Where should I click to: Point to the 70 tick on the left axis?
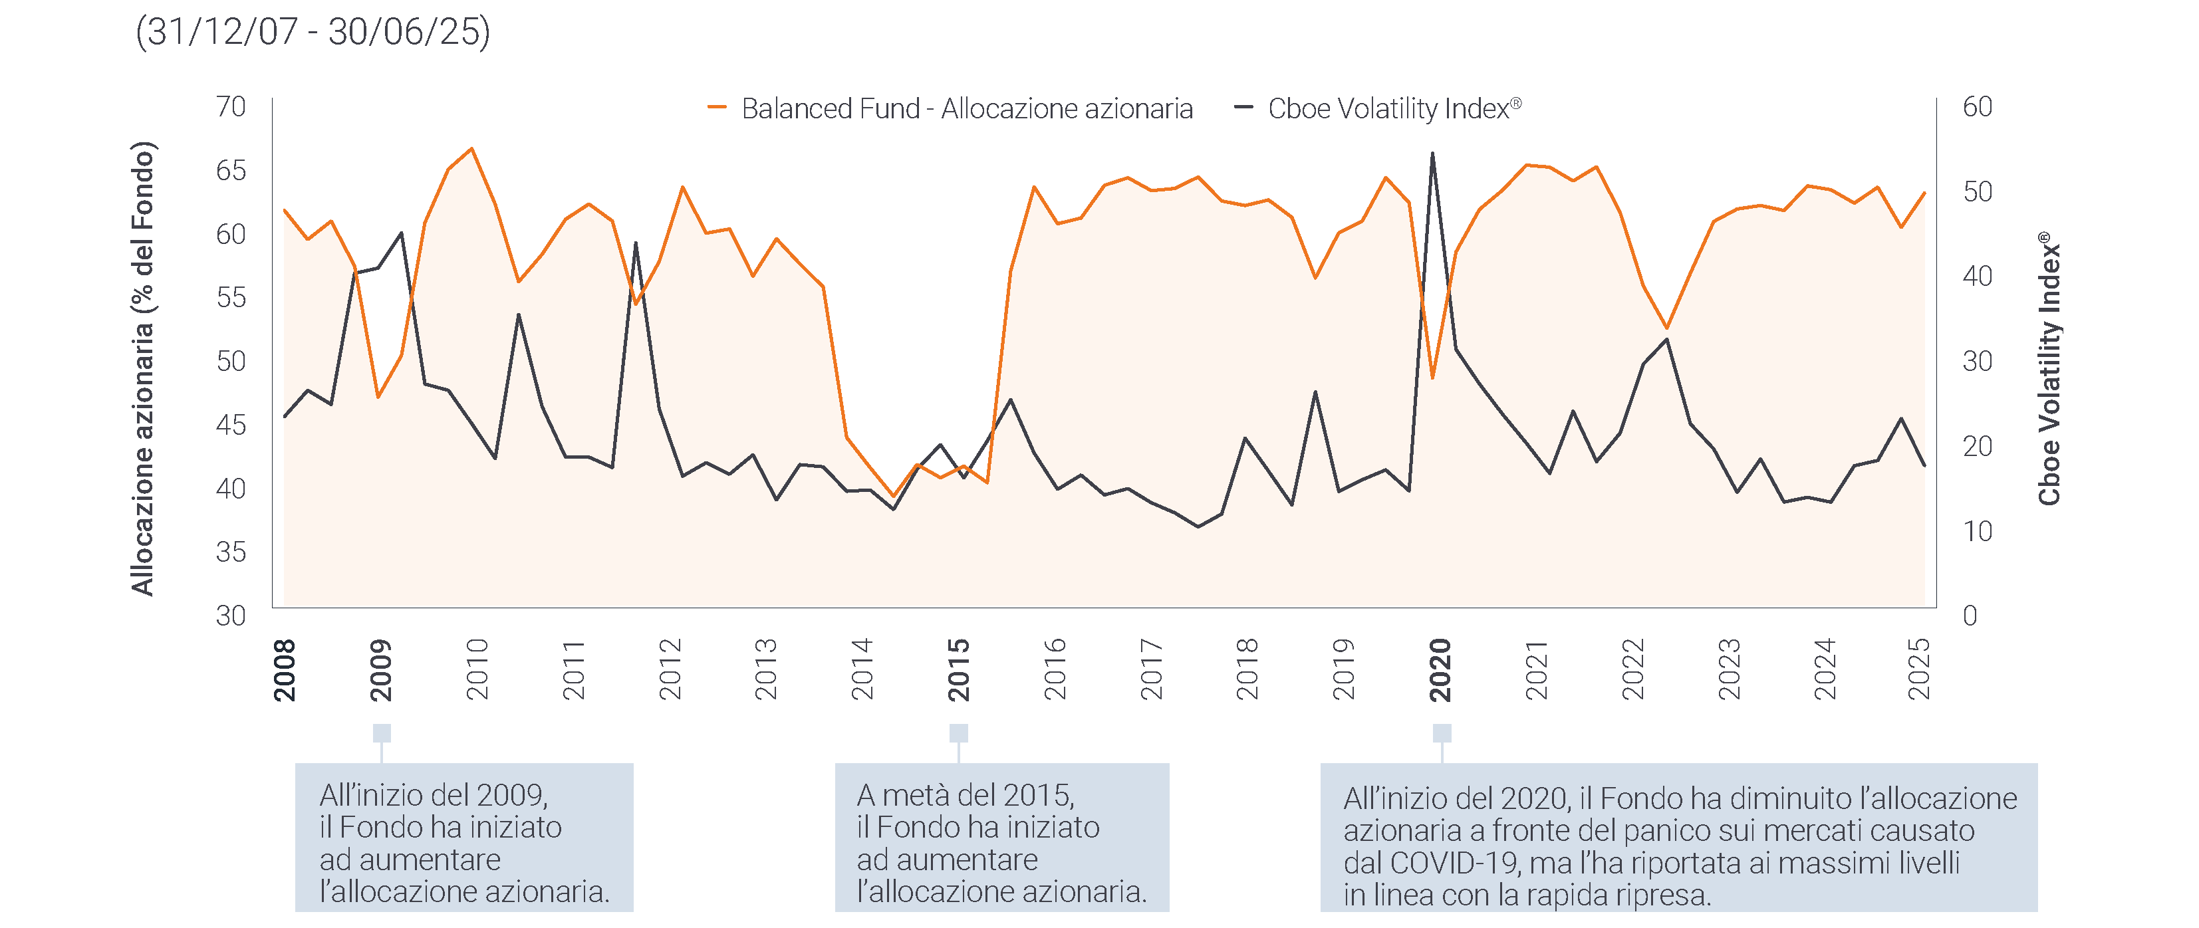[231, 107]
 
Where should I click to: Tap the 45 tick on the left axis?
[231, 424]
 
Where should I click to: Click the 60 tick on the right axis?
[1977, 107]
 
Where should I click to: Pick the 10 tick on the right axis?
[1977, 531]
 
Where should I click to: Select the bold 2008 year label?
[284, 670]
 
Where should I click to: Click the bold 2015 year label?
[959, 670]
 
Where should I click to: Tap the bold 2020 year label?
[1440, 670]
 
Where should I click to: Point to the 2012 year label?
[670, 670]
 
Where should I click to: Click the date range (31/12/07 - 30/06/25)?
[313, 32]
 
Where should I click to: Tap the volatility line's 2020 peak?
[1432, 154]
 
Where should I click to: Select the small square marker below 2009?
[382, 733]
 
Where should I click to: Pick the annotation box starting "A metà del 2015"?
[1001, 838]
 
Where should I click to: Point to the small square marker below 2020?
[1442, 733]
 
